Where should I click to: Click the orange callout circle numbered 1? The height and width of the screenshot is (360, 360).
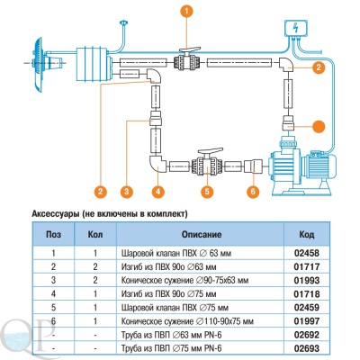pyautogui.click(x=187, y=12)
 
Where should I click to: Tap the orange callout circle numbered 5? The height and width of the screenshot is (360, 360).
pyautogui.click(x=207, y=190)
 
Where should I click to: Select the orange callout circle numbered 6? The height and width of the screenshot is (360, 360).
pyautogui.click(x=253, y=190)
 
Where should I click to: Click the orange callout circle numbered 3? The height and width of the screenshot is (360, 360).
pyautogui.click(x=127, y=190)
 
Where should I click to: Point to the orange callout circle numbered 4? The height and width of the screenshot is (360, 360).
pyautogui.click(x=158, y=190)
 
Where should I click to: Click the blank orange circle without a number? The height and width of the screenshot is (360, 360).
pyautogui.click(x=319, y=127)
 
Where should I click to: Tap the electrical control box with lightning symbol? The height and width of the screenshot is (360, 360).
pyautogui.click(x=296, y=29)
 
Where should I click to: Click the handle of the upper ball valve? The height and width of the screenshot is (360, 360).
pyautogui.click(x=190, y=50)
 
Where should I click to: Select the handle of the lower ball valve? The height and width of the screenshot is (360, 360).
pyautogui.click(x=211, y=151)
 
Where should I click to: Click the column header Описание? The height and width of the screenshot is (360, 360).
pyautogui.click(x=202, y=234)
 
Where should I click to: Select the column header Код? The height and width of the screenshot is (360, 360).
pyautogui.click(x=307, y=234)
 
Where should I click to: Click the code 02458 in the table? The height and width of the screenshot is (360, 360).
pyautogui.click(x=307, y=253)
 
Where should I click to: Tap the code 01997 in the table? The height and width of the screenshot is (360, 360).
pyautogui.click(x=307, y=321)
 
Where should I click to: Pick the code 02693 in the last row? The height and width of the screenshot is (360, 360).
pyautogui.click(x=307, y=348)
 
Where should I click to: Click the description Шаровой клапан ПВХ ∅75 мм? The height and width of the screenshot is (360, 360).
pyautogui.click(x=175, y=308)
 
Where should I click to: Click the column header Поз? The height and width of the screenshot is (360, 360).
pyautogui.click(x=53, y=234)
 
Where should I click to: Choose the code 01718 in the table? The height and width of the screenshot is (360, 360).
pyautogui.click(x=307, y=294)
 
